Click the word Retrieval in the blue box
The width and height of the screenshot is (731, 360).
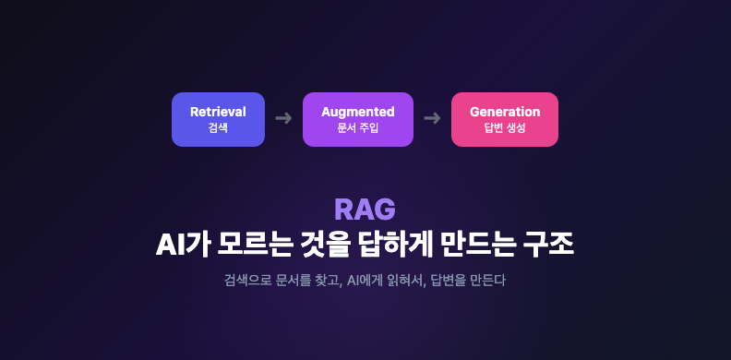(218, 112)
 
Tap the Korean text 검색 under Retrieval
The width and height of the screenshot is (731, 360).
(218, 127)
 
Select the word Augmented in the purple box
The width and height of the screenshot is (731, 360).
(358, 113)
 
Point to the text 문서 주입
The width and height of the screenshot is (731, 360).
(358, 127)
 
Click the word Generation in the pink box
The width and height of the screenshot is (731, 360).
(505, 112)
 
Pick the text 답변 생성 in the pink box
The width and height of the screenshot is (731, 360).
(505, 127)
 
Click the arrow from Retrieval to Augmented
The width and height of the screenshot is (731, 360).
(283, 118)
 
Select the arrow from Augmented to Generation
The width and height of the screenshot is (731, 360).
(432, 118)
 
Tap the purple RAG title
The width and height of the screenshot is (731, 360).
(365, 210)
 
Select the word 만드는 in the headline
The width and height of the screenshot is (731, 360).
(477, 245)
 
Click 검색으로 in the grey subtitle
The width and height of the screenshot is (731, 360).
(246, 281)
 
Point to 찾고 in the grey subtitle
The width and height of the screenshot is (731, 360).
(329, 282)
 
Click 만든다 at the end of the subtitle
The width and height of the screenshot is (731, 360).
(490, 281)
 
